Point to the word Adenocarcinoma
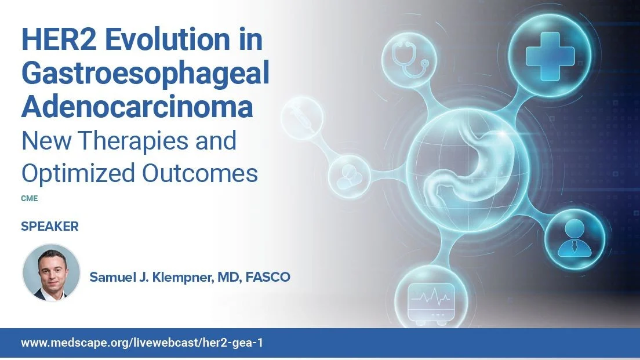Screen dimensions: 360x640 coord(137,107)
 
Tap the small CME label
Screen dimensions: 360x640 coord(29,198)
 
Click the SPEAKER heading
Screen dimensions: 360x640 coord(49,227)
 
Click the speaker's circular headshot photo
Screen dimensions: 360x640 coord(51,272)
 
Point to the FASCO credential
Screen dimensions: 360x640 coord(268,277)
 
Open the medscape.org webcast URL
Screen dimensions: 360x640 coord(142,343)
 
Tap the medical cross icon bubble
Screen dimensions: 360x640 coord(549,55)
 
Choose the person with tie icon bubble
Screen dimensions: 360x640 coord(574,238)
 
